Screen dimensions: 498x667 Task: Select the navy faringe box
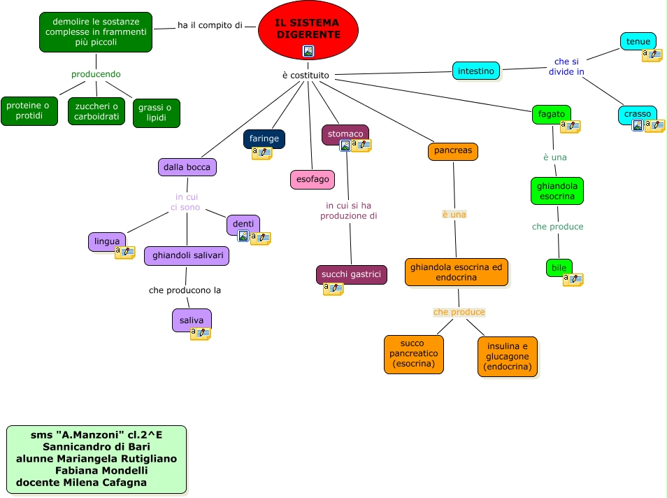(264, 138)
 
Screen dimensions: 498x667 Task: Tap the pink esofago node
(312, 180)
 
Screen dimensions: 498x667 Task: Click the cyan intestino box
(476, 71)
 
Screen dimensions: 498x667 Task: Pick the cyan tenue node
(638, 41)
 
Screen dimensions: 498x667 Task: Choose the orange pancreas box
(453, 151)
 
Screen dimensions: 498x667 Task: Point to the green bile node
(559, 268)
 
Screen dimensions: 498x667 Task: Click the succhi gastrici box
(351, 275)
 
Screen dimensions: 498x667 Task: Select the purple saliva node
(191, 320)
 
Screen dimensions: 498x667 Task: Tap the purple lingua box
(107, 241)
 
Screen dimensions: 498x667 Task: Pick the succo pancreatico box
(413, 354)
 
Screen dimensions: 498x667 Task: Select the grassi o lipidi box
(156, 113)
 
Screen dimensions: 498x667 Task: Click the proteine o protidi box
(29, 111)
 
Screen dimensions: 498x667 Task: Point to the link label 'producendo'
(96, 74)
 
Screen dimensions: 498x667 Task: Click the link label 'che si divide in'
(566, 66)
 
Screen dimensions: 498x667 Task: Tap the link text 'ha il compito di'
(210, 25)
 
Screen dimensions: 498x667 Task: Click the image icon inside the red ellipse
(308, 50)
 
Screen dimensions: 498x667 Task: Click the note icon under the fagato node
(571, 127)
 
